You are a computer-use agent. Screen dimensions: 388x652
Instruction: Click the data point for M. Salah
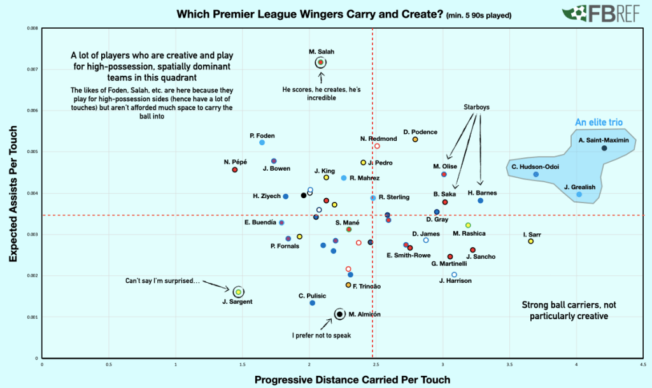(320, 62)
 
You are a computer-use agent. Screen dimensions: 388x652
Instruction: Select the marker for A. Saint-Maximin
(604, 148)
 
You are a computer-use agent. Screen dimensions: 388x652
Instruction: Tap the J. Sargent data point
(238, 292)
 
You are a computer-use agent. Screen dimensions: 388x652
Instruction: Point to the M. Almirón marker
(340, 313)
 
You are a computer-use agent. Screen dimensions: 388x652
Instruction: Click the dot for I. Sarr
(531, 241)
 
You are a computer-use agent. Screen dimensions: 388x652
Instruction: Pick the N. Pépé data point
(235, 170)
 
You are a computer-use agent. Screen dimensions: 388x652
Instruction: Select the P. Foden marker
(262, 143)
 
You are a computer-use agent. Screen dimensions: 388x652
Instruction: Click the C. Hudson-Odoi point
(536, 175)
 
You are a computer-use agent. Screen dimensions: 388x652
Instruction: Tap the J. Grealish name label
(579, 187)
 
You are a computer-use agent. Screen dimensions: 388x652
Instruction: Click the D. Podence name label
(420, 132)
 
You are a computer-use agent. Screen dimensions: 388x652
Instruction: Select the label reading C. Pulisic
(313, 296)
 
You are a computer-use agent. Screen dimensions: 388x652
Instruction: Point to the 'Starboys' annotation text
(476, 107)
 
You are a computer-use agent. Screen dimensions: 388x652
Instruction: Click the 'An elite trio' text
(599, 122)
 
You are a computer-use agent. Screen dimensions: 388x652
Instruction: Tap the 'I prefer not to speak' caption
(322, 334)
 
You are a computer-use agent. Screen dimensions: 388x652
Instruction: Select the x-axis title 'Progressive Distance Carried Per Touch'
(352, 380)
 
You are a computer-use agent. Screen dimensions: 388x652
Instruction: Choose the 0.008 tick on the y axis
(32, 29)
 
